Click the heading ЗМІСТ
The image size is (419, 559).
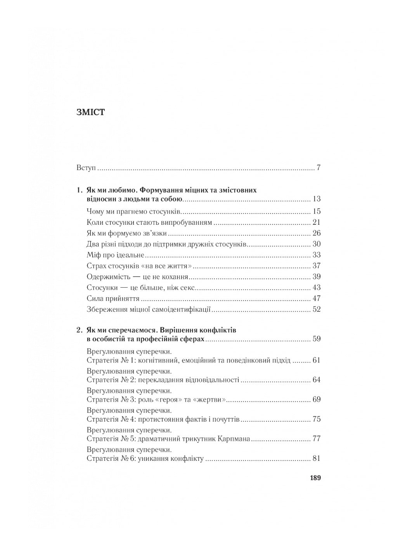pyautogui.click(x=91, y=113)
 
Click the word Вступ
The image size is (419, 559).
pyautogui.click(x=86, y=168)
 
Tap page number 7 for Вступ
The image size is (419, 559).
pyautogui.click(x=319, y=168)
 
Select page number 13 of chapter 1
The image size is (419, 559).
pyautogui.click(x=317, y=199)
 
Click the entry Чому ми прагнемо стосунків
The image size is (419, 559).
pyautogui.click(x=134, y=212)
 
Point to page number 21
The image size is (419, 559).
pyautogui.click(x=317, y=222)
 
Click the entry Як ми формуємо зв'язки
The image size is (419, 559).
pyautogui.click(x=127, y=233)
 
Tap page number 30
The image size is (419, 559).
pyautogui.click(x=317, y=244)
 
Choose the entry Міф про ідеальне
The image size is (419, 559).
pyautogui.click(x=116, y=255)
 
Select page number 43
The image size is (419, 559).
pyautogui.click(x=317, y=288)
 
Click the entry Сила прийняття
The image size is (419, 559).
pyautogui.click(x=113, y=299)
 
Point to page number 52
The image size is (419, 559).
pyautogui.click(x=317, y=309)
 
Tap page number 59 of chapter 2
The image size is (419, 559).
pyautogui.click(x=317, y=339)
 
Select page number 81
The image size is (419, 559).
pyautogui.click(x=317, y=458)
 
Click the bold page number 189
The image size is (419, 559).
pyautogui.click(x=315, y=478)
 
